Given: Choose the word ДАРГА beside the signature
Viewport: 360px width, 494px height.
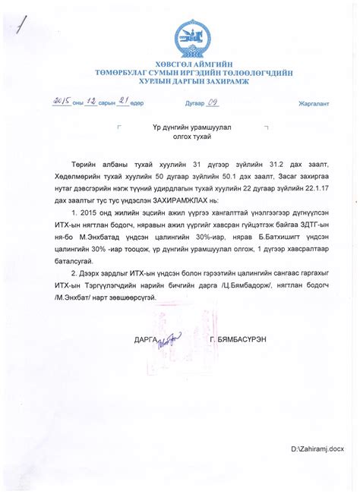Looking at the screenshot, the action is click(x=144, y=340).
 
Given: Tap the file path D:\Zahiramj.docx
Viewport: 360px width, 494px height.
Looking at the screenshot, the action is click(x=317, y=449).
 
